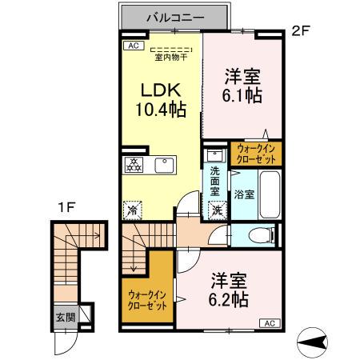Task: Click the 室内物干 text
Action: tap(170, 57)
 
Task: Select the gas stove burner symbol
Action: tap(134, 166)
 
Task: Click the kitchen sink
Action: tap(164, 166)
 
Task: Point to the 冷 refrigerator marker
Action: tap(132, 210)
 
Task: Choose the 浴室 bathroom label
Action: tap(244, 194)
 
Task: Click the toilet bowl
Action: tap(258, 235)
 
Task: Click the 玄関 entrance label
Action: tap(66, 318)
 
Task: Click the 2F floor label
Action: tap(300, 32)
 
